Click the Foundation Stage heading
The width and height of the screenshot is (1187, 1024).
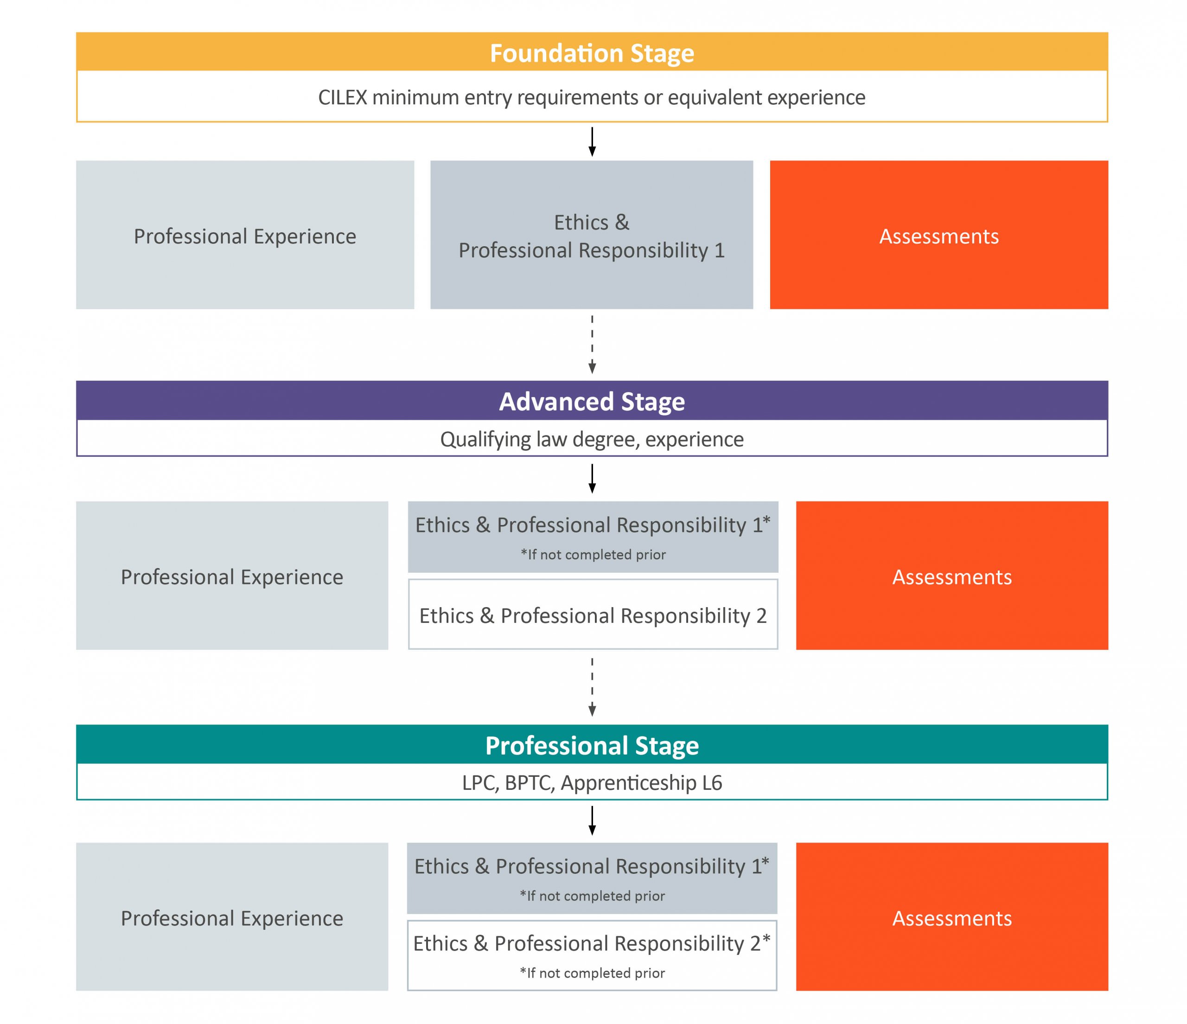click(592, 53)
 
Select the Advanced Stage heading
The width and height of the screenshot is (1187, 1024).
click(592, 402)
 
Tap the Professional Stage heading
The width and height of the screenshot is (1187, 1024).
click(592, 746)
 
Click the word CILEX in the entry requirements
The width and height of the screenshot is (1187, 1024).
click(343, 97)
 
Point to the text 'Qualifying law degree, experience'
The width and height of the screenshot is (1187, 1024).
click(592, 440)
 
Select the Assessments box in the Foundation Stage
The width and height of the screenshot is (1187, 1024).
click(939, 235)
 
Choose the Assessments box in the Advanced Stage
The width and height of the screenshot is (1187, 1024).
click(952, 576)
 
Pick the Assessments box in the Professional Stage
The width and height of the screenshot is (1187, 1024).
click(952, 917)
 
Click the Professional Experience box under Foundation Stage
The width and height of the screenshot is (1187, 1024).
click(245, 235)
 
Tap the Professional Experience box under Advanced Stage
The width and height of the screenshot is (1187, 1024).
click(232, 576)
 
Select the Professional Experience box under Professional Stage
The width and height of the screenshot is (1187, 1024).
click(232, 917)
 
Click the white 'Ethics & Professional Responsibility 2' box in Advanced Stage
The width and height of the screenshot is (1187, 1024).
click(593, 614)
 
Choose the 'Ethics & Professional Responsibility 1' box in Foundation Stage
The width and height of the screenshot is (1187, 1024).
click(592, 235)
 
